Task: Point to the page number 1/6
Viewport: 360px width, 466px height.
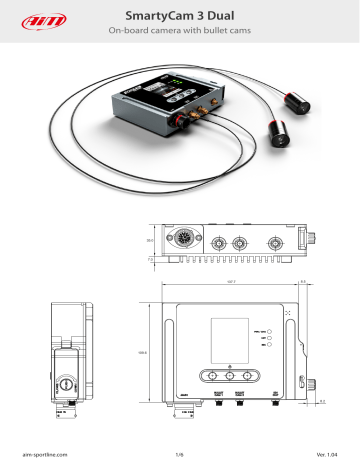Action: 180,455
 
